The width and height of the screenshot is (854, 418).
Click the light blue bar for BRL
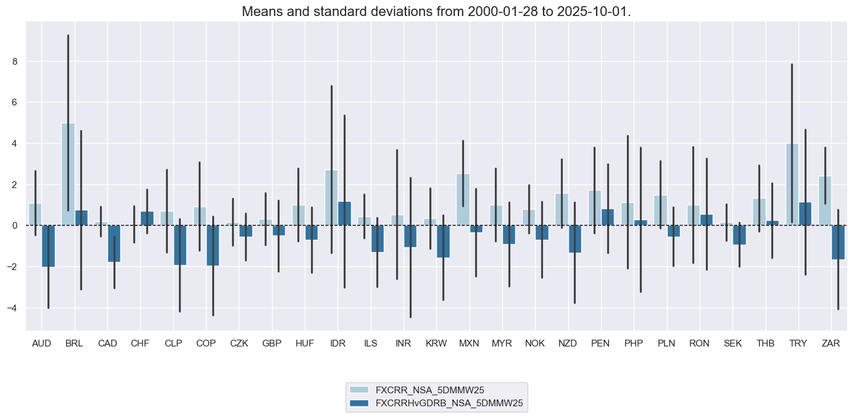pos(68,174)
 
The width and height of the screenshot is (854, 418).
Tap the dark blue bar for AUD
pos(48,246)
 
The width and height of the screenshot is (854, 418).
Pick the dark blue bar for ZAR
pos(838,242)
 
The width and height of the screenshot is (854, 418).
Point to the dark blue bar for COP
pos(213,245)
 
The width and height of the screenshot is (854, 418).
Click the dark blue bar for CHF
pos(147,218)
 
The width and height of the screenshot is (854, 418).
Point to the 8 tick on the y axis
pos(17,61)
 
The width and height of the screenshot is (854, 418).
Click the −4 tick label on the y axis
pos(15,308)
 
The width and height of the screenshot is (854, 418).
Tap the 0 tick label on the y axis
pos(17,226)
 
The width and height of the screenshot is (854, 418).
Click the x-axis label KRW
pos(436,343)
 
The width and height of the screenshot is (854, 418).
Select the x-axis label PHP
pos(633,343)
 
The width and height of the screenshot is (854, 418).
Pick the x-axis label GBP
pos(272,343)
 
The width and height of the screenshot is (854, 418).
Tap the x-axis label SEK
pos(732,343)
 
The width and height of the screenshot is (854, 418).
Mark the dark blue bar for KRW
pos(443,241)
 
